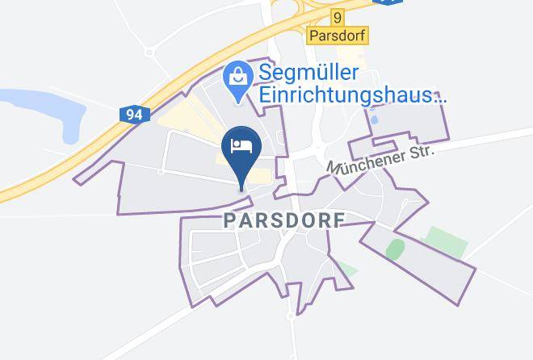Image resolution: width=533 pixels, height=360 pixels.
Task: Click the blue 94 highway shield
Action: click(134, 115)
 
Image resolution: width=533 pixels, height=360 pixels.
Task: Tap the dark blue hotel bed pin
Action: click(241, 150)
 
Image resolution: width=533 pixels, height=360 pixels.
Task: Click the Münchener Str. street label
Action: click(381, 159)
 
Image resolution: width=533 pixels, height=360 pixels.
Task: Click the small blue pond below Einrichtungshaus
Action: click(373, 119)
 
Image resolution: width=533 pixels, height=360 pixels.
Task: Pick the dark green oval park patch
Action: click(395, 250)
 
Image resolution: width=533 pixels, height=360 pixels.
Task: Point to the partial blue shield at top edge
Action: click(388, 2)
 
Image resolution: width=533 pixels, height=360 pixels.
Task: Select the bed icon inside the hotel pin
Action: click(241, 144)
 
